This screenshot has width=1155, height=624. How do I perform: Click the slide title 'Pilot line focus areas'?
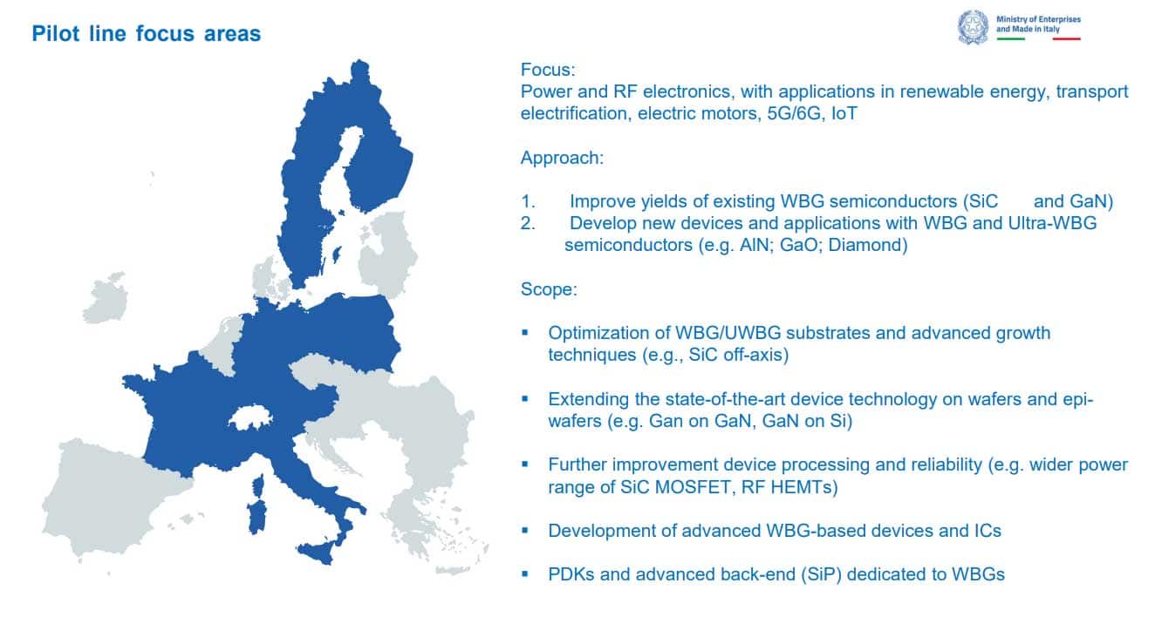pos(147,33)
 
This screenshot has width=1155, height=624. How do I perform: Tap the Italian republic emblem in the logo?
pos(973,27)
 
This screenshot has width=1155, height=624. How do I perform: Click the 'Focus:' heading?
pos(548,70)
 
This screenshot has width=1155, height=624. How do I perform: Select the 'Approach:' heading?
pos(562,158)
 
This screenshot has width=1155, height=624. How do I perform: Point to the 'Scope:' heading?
pos(549,289)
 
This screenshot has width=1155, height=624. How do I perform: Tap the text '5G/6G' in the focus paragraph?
pos(794,113)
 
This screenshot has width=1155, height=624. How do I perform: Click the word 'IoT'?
pos(844,113)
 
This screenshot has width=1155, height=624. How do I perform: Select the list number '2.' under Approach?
pos(528,223)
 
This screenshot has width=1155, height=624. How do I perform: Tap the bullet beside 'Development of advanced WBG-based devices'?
pos(525,530)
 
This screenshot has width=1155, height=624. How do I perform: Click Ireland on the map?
pos(106,298)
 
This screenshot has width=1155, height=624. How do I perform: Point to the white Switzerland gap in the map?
pos(250,417)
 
